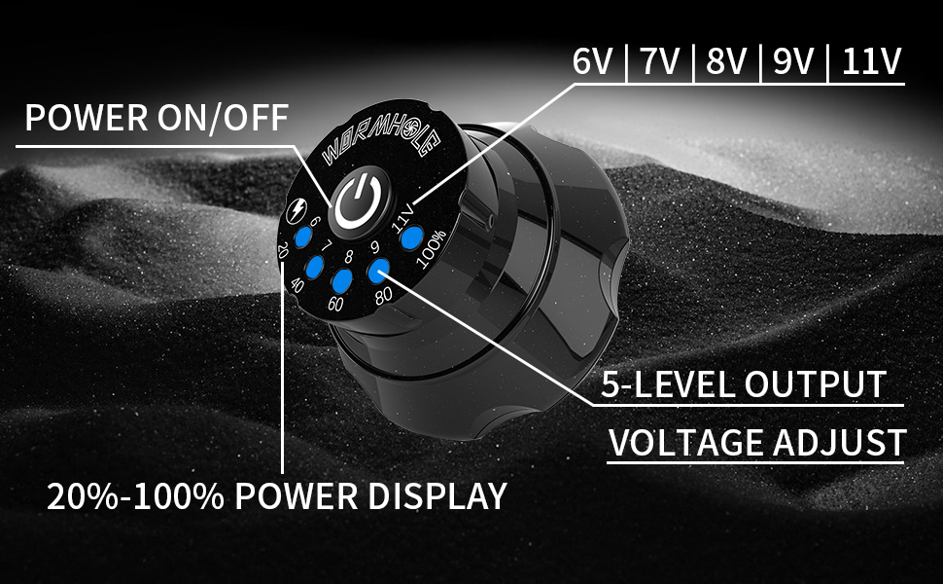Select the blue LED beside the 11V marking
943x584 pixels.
click(x=411, y=237)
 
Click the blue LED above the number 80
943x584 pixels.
click(x=378, y=272)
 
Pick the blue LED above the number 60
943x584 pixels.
click(x=341, y=281)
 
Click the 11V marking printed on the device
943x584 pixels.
click(x=402, y=213)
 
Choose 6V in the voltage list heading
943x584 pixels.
click(x=595, y=62)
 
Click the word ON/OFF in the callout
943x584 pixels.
click(x=226, y=119)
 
